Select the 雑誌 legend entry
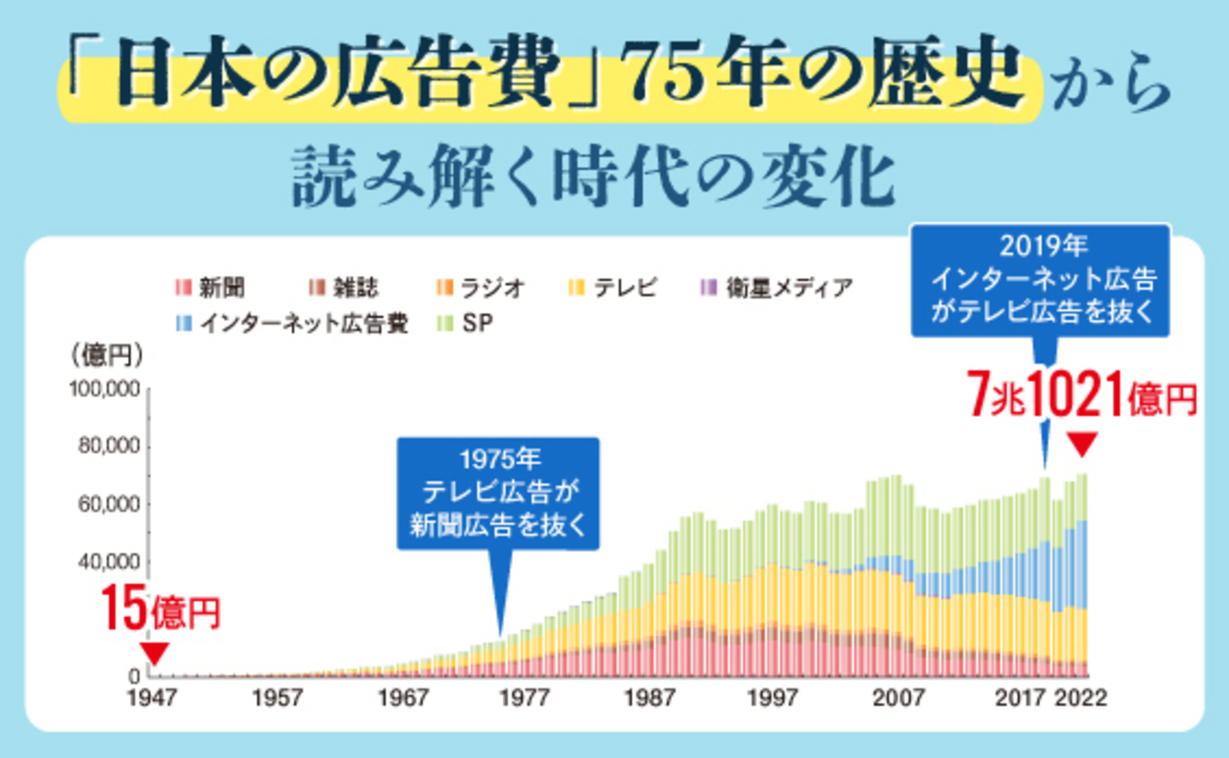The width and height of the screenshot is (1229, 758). click(x=344, y=287)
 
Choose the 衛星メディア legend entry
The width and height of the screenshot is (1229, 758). click(x=777, y=287)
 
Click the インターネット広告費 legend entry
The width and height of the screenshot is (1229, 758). click(x=293, y=323)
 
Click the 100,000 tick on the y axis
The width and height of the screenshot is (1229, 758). click(x=104, y=389)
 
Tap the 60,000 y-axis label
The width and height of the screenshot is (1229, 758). click(x=109, y=504)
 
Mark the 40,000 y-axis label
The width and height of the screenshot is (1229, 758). click(x=109, y=561)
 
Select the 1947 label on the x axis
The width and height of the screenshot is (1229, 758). click(x=152, y=698)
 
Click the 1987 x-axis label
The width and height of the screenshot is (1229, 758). click(x=650, y=698)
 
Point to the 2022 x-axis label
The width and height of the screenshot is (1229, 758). click(x=1081, y=698)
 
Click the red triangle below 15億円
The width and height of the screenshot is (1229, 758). click(x=154, y=652)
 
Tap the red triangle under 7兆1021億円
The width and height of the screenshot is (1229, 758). click(x=1082, y=443)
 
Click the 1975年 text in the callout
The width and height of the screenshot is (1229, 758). click(x=500, y=459)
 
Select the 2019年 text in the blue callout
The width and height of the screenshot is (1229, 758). click(x=1043, y=246)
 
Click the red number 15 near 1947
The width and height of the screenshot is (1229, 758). click(x=124, y=608)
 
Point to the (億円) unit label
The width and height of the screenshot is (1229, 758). click(x=107, y=355)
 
